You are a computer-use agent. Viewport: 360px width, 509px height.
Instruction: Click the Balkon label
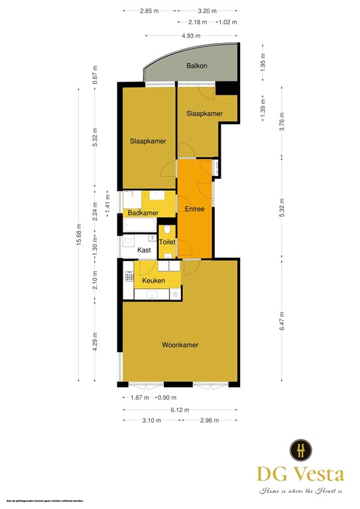196,66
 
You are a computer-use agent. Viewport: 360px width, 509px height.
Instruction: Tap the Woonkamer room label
180,345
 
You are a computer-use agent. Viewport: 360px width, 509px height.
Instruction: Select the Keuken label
154,280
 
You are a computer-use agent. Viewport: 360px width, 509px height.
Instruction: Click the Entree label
194,209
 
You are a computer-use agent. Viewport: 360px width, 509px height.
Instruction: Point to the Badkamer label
143,213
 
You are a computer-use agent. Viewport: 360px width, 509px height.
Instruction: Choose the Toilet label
167,243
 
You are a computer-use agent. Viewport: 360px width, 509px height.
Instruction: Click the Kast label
144,251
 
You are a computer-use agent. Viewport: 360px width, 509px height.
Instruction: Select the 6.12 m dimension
180,410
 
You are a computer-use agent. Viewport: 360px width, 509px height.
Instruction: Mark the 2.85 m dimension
150,11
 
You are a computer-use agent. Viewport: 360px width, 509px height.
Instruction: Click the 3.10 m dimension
152,420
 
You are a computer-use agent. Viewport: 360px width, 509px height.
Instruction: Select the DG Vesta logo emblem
301,451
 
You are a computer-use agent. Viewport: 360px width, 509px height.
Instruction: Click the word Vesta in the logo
318,475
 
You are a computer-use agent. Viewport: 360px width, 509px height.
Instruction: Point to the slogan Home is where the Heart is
300,491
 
